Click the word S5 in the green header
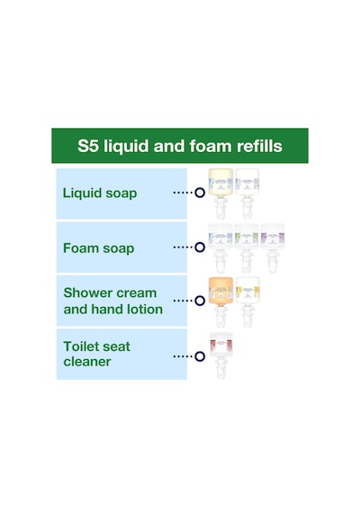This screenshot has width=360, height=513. (x=87, y=146)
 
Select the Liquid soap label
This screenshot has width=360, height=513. (x=100, y=193)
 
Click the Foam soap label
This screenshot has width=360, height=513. (x=98, y=248)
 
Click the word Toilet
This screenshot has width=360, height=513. (x=82, y=346)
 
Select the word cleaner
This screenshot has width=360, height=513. (x=87, y=362)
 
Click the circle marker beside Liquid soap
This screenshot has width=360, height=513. (x=200, y=193)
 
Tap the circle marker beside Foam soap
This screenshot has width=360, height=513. (x=200, y=247)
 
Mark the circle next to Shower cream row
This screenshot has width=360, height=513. (x=200, y=301)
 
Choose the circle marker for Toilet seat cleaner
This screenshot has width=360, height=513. (x=200, y=356)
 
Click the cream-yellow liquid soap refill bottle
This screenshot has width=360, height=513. (x=220, y=193)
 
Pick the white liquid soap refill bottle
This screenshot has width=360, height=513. (x=247, y=193)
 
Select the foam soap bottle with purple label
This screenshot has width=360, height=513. (x=273, y=248)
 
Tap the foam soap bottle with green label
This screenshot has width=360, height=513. (x=247, y=248)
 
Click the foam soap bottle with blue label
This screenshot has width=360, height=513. (x=220, y=248)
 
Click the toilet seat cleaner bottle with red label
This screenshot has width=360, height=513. (x=220, y=355)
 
